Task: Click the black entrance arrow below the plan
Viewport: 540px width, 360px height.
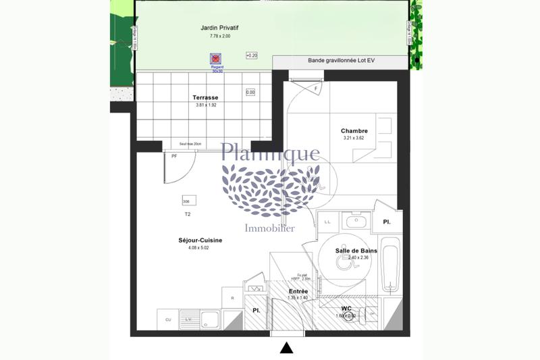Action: click(286, 348)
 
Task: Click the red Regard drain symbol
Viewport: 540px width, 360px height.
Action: click(216, 59)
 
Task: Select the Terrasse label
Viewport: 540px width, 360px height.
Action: click(205, 98)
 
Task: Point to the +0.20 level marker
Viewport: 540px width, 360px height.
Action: click(252, 55)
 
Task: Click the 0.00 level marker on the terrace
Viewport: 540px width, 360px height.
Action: click(250, 93)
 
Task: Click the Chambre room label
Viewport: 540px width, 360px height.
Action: click(354, 131)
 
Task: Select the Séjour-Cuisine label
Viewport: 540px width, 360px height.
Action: click(200, 240)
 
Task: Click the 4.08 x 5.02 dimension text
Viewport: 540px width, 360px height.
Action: click(200, 248)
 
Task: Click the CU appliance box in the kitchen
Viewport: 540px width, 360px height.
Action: click(167, 319)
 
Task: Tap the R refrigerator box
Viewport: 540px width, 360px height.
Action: click(232, 298)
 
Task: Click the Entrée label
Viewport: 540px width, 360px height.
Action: click(298, 291)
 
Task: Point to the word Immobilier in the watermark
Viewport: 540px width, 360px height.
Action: click(269, 228)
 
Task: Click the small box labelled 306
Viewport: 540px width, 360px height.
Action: click(186, 201)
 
